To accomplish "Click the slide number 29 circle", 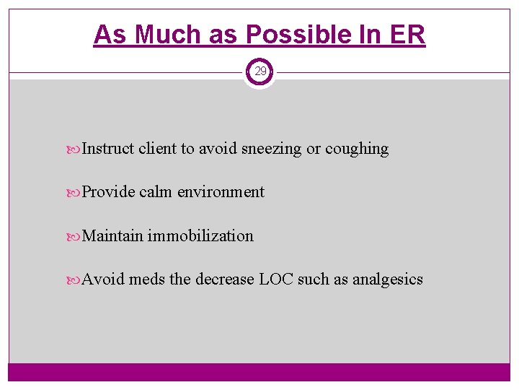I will click(x=259, y=71).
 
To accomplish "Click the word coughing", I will click(x=357, y=149).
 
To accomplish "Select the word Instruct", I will click(x=108, y=149).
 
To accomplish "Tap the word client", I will click(x=157, y=149).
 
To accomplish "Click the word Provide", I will click(x=108, y=192).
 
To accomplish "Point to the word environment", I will click(x=221, y=192).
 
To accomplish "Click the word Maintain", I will click(x=112, y=236).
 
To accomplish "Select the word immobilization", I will click(x=200, y=236).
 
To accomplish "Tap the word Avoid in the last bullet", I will click(x=103, y=279).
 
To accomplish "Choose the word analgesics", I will click(x=388, y=279).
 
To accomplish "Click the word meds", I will click(x=146, y=279).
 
